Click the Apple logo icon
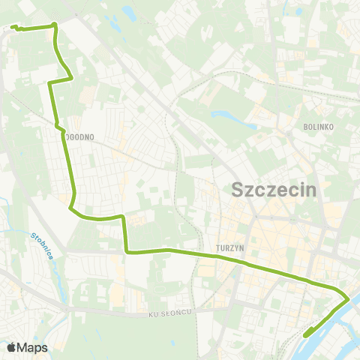pyautogui.click(x=11, y=347)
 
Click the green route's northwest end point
pyautogui.click(x=13, y=28)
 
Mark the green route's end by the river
pyautogui.click(x=304, y=336)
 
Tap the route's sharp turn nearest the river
pyautogui.click(x=347, y=299)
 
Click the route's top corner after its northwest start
pyautogui.click(x=55, y=26)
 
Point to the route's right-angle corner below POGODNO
pyautogui.click(x=125, y=252)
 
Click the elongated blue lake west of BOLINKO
pyautogui.click(x=226, y=117)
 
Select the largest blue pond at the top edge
pyautogui.click(x=128, y=13)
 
